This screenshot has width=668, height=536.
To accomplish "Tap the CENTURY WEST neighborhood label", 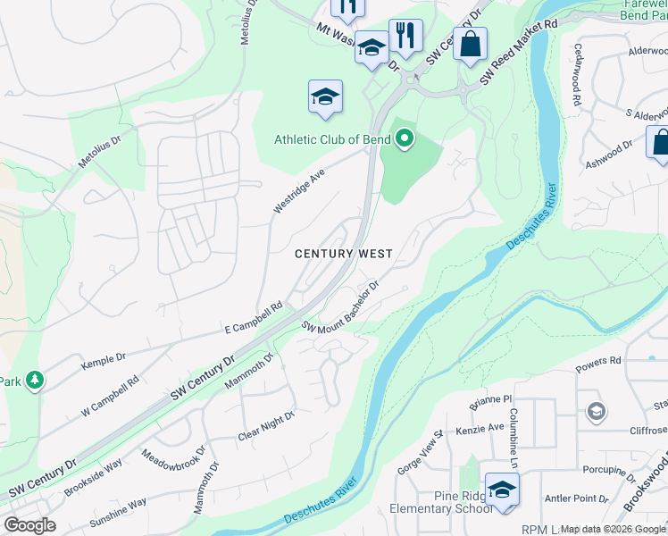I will (x=344, y=255).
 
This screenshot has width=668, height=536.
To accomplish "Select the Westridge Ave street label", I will (x=298, y=191).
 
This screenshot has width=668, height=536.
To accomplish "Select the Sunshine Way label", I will (x=118, y=513).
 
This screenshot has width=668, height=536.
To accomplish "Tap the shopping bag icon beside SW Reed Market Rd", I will (x=470, y=44).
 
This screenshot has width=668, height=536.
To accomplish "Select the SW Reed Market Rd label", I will (x=519, y=52).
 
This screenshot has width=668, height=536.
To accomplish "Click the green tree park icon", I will (x=35, y=381).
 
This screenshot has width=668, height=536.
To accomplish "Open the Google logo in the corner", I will (x=29, y=525).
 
